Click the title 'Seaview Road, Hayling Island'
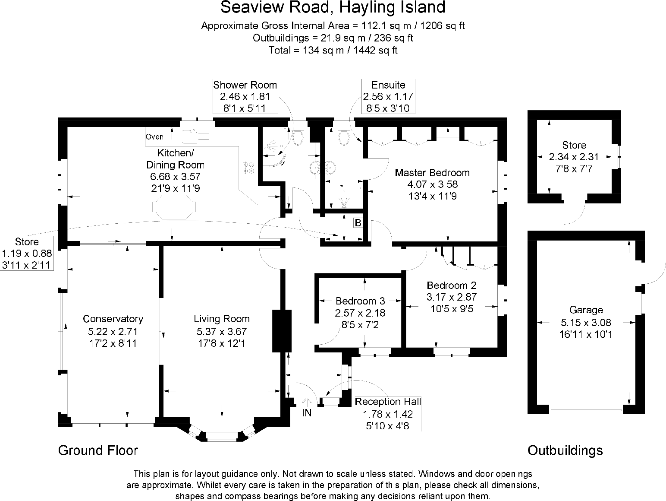(x=333, y=8)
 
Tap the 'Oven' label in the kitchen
(x=154, y=137)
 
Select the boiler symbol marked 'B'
(x=358, y=223)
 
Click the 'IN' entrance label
(x=307, y=413)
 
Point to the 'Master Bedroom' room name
(x=432, y=173)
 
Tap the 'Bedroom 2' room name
(x=452, y=285)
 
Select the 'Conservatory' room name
(x=113, y=319)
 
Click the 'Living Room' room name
(x=222, y=319)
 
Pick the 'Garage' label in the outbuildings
(x=586, y=310)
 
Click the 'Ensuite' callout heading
(x=388, y=85)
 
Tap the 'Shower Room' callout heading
(x=245, y=85)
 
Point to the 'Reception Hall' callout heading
(x=388, y=402)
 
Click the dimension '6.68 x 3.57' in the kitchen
(x=176, y=177)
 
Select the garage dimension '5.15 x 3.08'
(x=586, y=322)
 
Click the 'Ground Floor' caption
(x=98, y=450)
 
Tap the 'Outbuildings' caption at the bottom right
(x=565, y=450)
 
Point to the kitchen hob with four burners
(x=248, y=167)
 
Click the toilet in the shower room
(x=297, y=137)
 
